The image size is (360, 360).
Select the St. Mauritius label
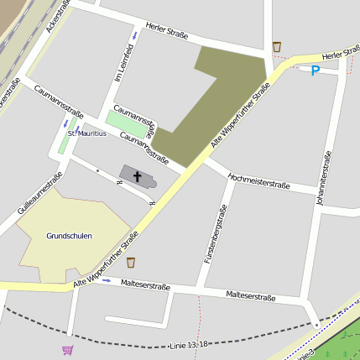click(x=87, y=133)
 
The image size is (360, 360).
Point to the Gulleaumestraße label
click(x=38, y=195)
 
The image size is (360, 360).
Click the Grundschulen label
click(x=70, y=236)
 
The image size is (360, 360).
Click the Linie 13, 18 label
click(x=188, y=344)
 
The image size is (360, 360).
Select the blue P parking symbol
click(x=316, y=71)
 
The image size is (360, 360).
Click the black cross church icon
click(x=137, y=175)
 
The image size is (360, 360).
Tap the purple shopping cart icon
click(x=67, y=349)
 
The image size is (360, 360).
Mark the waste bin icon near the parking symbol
click(x=277, y=47)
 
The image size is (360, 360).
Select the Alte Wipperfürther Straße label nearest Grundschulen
click(x=105, y=263)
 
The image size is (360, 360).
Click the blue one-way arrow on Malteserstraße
click(x=107, y=280)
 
